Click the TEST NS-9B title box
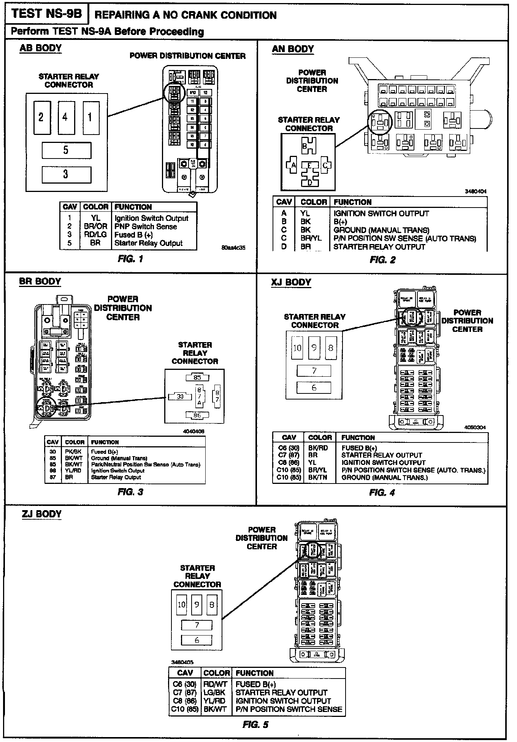point(46,14)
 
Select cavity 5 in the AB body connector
point(66,150)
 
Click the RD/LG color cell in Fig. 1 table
point(95,235)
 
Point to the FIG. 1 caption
point(130,259)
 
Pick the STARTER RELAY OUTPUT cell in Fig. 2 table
point(379,247)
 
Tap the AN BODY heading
point(293,49)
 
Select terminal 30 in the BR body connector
point(181,396)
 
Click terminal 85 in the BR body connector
point(197,377)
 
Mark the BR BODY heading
point(40,282)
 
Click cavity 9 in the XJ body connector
point(314,347)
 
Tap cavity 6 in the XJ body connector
point(314,388)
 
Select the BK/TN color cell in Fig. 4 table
point(318,477)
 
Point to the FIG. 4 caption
point(382,493)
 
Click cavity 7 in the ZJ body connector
point(197,625)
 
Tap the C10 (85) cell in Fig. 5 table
point(185,709)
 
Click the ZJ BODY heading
point(41,514)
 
